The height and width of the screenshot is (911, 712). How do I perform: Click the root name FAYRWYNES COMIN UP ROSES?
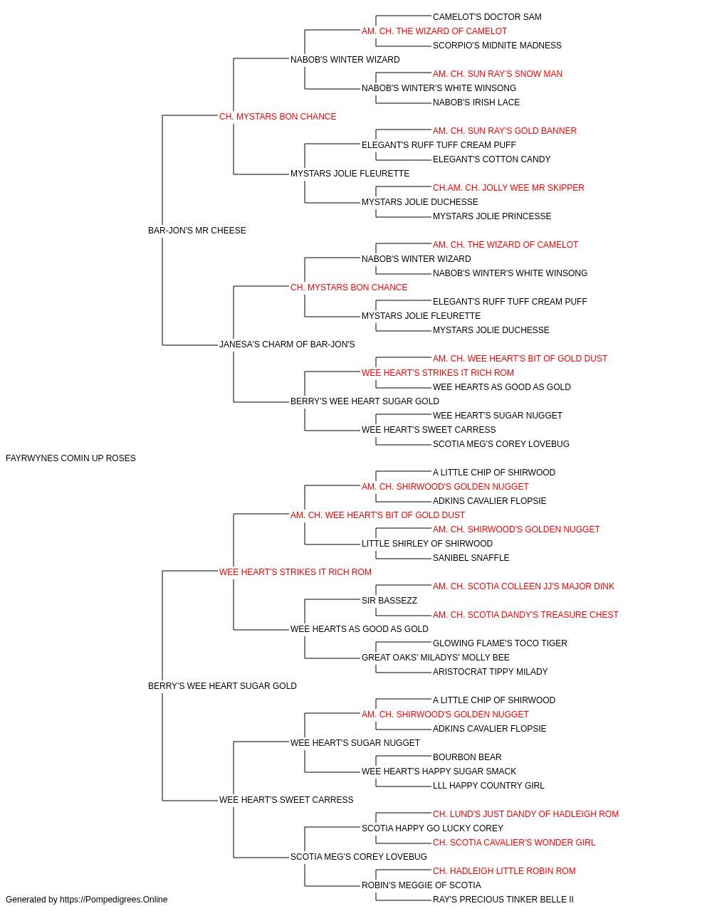[x=70, y=458]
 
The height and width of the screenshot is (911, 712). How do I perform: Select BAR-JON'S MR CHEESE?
[x=197, y=231]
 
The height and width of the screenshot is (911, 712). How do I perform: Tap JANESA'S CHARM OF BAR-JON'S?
[x=287, y=344]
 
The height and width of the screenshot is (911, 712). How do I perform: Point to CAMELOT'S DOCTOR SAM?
[x=487, y=17]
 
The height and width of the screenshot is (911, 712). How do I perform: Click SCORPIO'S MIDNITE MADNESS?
[x=497, y=46]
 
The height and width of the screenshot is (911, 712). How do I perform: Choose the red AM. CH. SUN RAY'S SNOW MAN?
[x=497, y=74]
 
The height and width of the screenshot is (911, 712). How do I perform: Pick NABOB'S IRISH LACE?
[x=476, y=102]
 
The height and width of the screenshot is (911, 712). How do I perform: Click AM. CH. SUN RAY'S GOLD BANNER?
[x=504, y=131]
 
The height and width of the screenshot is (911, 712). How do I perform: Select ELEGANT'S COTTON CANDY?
[x=491, y=159]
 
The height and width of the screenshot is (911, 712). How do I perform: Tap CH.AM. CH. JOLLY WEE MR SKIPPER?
[x=508, y=188]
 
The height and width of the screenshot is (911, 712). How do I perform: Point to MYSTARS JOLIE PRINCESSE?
[x=492, y=217]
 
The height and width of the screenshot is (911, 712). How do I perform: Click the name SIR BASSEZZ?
[x=389, y=601]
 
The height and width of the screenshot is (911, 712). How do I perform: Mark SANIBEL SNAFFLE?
[x=471, y=558]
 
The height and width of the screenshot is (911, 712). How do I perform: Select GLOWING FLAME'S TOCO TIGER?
[x=500, y=643]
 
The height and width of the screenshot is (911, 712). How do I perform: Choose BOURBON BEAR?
[x=467, y=757]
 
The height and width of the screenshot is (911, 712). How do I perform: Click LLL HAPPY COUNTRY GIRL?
[x=488, y=786]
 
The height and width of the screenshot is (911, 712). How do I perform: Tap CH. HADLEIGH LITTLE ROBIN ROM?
[x=504, y=871]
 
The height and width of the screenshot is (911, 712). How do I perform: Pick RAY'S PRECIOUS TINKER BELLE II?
[x=503, y=900]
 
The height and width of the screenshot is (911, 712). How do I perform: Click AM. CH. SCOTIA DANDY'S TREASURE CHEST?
[x=525, y=615]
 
